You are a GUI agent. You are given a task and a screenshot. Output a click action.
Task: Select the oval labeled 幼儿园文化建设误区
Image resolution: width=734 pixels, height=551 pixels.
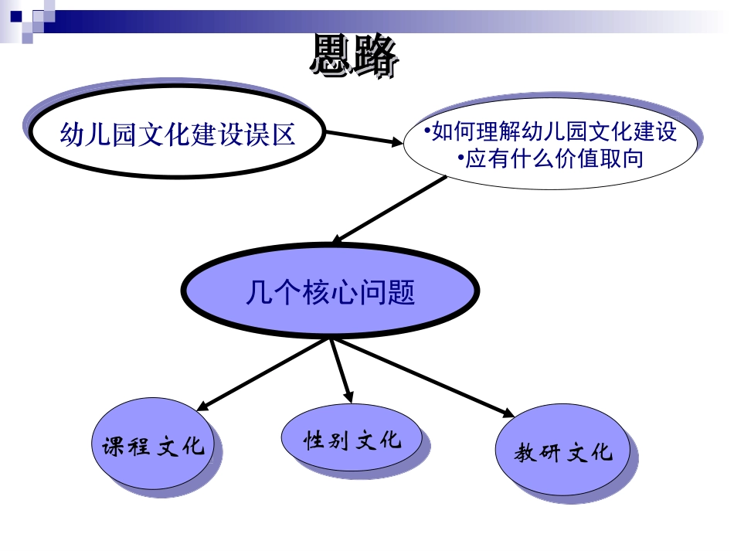[x=178, y=135]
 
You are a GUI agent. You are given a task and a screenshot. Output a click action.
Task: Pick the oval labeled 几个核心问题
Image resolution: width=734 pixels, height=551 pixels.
[x=329, y=292]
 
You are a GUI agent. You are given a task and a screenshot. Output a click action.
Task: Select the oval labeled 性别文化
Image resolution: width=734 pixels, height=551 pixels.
[x=352, y=439]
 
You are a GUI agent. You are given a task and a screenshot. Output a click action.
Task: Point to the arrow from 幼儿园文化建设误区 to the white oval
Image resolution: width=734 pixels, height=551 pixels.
[x=363, y=138]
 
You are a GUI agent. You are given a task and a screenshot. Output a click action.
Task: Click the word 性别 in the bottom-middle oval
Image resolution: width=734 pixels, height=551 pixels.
[x=325, y=440]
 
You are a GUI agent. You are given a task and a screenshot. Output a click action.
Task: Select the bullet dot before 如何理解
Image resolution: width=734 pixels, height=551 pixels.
[x=427, y=131]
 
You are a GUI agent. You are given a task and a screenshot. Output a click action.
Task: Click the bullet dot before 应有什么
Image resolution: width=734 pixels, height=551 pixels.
[x=461, y=158]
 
